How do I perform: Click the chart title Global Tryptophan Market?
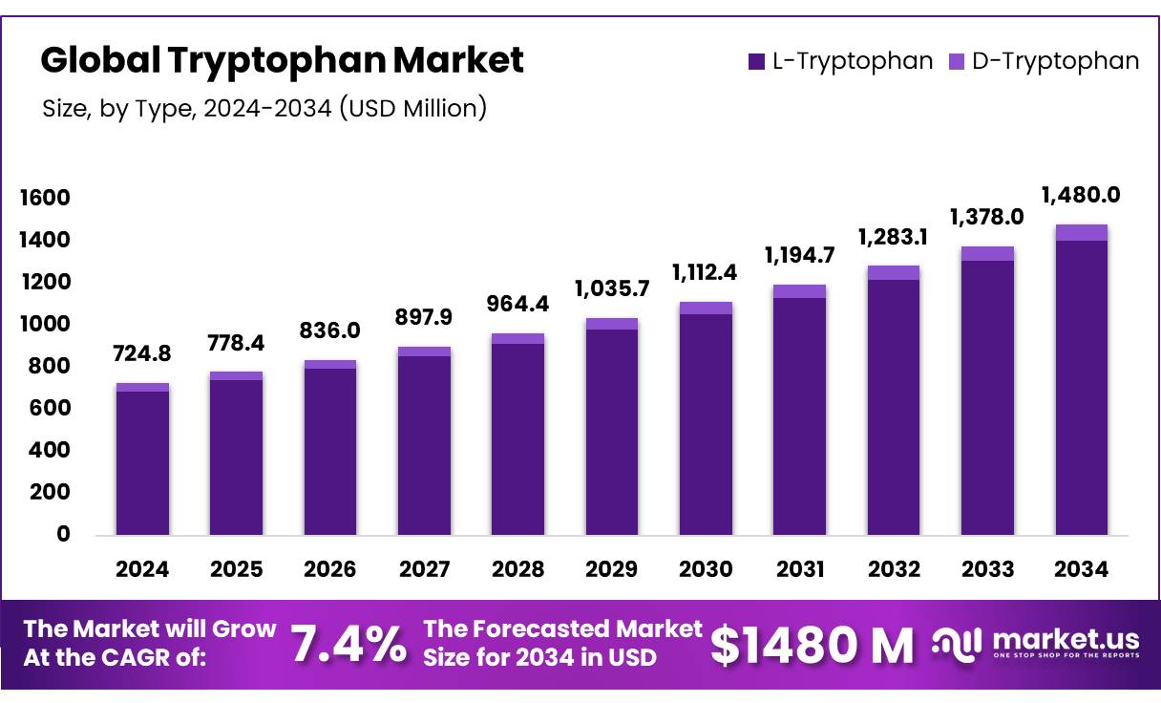(282, 60)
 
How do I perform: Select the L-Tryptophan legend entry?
(840, 61)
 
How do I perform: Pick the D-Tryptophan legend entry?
(1045, 61)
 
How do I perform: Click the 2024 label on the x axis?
(142, 569)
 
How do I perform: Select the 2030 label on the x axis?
(706, 569)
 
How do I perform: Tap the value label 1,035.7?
(612, 288)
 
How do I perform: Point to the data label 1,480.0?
(1081, 195)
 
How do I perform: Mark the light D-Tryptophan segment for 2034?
(1081, 232)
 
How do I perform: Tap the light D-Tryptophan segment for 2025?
(236, 375)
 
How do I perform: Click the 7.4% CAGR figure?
(348, 644)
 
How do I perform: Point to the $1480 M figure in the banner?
(813, 645)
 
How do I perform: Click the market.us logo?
(1037, 642)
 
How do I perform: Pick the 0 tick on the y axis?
(63, 534)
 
